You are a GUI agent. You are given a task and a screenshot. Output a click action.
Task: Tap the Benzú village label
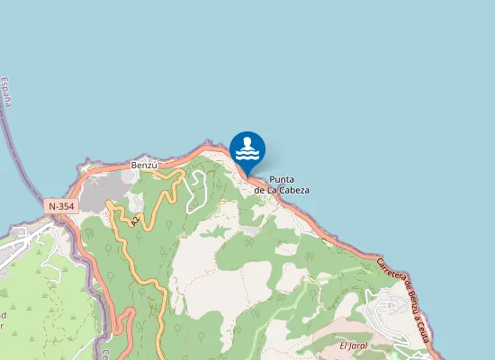coord(144,166)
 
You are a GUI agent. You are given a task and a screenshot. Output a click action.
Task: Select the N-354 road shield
coord(62,206)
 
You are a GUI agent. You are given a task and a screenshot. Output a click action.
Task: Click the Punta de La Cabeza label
coord(282,184)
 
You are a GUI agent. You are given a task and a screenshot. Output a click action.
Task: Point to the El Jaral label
coord(355,346)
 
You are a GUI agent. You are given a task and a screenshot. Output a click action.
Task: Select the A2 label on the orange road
coord(135,220)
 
